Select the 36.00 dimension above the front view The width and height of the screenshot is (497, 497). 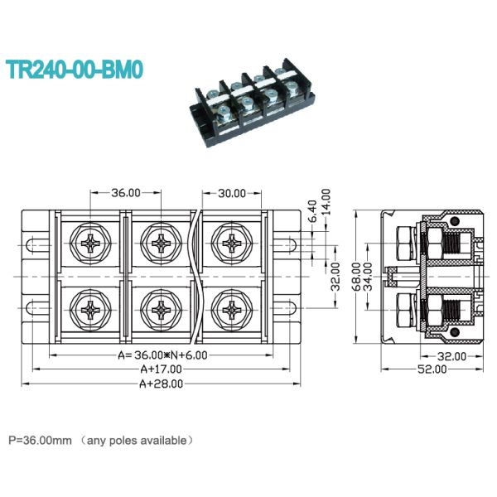[x=126, y=193]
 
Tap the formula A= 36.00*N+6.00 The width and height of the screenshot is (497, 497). [x=163, y=355]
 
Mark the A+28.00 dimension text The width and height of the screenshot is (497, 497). [x=161, y=384]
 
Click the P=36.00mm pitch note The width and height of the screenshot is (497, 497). [x=100, y=440]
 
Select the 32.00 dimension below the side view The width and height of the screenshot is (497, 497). [x=452, y=356]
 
